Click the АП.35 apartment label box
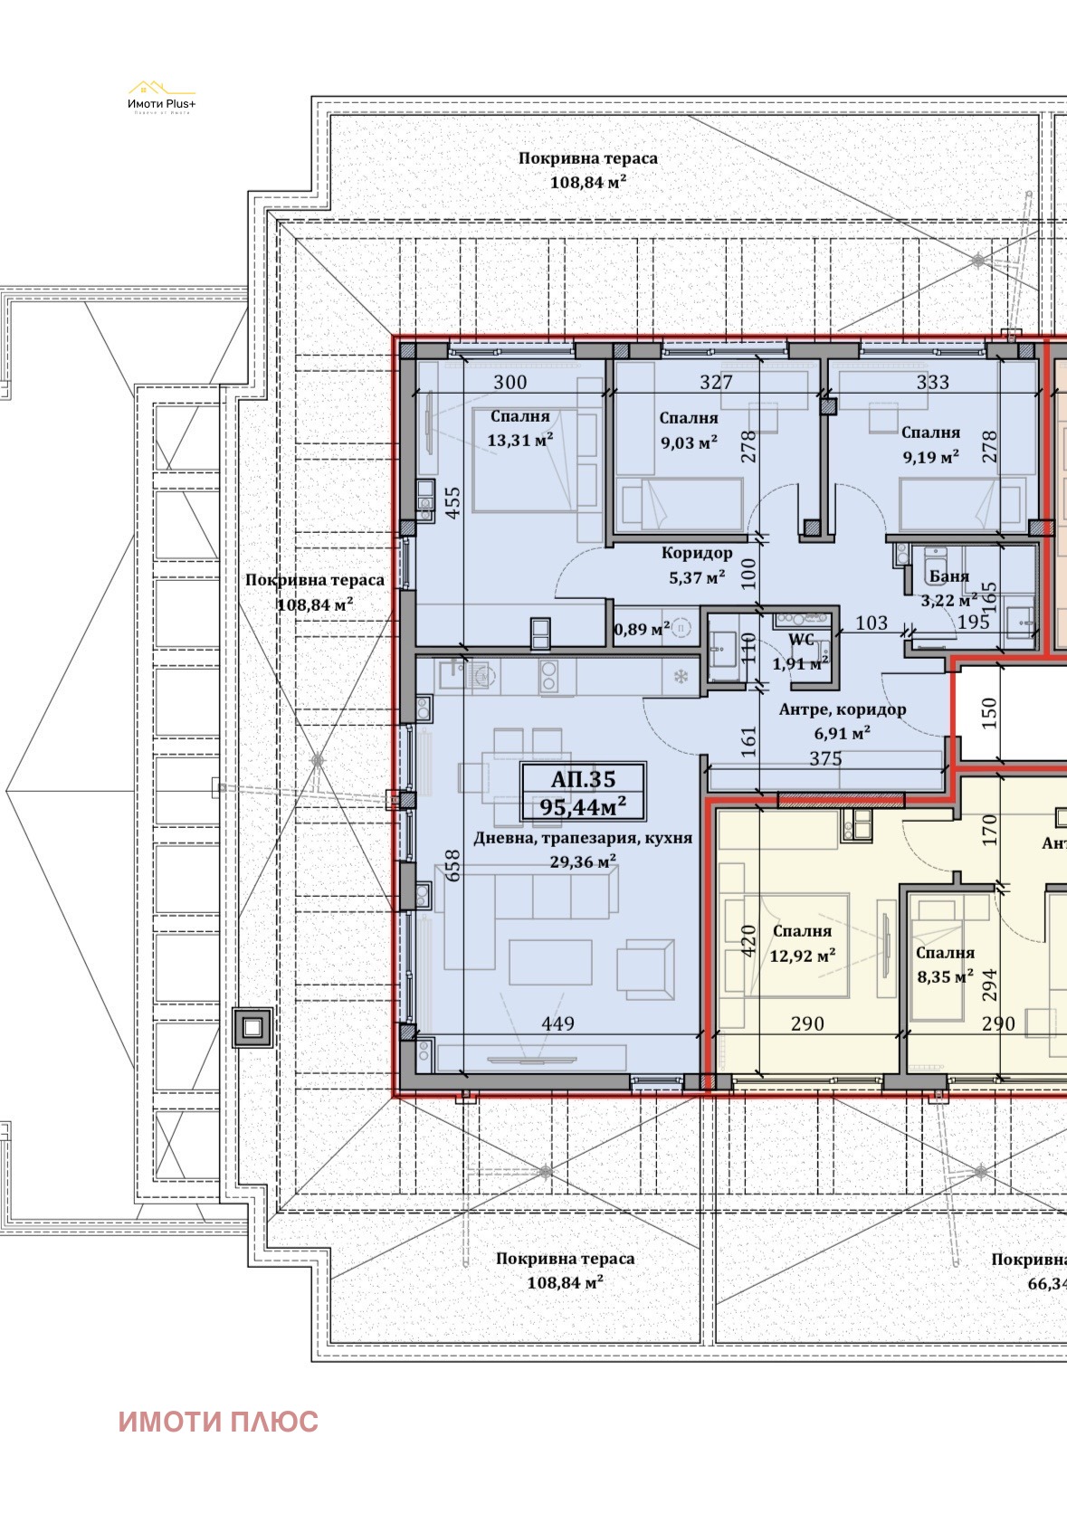point(583,792)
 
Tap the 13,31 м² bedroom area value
point(520,441)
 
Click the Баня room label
point(948,576)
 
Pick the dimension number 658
point(453,870)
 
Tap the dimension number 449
point(557,1023)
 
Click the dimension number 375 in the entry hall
point(825,759)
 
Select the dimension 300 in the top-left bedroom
point(510,382)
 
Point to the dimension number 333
point(932,382)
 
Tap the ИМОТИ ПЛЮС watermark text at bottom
point(218,1421)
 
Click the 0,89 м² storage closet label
point(642,629)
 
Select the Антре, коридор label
point(842,709)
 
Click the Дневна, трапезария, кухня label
point(583,839)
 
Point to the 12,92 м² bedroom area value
point(802,956)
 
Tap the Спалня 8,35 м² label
point(944,964)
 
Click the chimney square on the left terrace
point(252,1028)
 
